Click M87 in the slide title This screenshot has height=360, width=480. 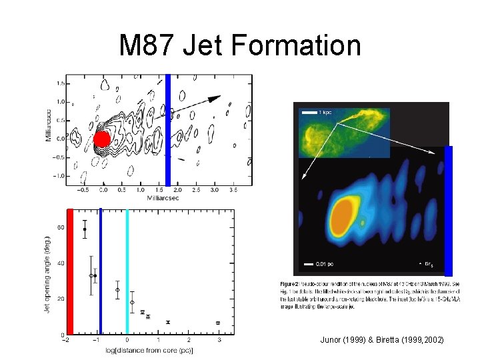coord(147,46)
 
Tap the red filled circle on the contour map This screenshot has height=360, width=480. coord(101,139)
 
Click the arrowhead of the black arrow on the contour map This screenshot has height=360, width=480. coord(215,98)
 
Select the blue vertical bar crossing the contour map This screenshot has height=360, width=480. coord(169,129)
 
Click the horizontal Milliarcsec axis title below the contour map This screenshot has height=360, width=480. coord(157,198)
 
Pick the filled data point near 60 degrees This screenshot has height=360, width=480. coord(85,229)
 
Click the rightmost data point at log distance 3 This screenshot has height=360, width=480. coord(219,323)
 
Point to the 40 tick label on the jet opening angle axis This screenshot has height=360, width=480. coord(59,263)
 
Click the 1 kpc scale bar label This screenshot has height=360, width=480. coord(325,112)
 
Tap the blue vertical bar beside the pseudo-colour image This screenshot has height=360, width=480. coord(449,210)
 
